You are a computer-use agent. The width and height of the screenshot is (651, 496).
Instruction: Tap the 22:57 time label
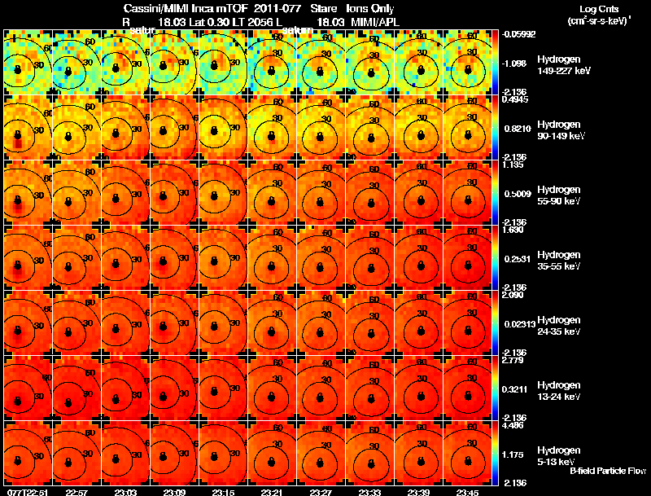point(76,491)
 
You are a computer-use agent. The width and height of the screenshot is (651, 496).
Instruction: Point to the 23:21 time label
point(272,491)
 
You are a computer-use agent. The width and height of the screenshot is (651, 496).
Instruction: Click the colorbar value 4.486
point(513,424)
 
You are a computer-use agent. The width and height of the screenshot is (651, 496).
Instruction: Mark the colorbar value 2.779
point(513,359)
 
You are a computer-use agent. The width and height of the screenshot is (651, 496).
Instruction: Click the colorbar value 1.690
point(513,230)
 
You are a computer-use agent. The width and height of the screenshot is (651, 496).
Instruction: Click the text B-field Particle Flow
point(607,472)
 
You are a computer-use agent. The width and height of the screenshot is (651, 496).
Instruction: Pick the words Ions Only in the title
point(372,8)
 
